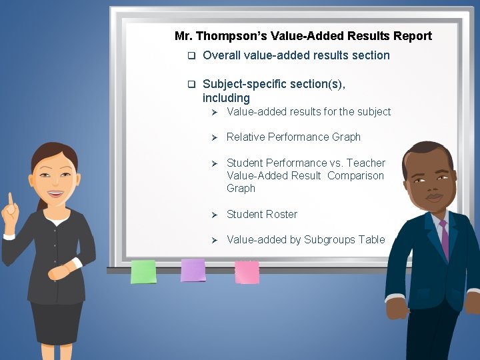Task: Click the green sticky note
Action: [x=143, y=271]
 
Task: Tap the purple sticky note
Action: [x=193, y=270]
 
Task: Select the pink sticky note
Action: [x=247, y=271]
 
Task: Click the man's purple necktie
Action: [x=443, y=240]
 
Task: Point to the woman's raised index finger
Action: [x=10, y=199]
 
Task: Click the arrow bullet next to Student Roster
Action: [x=215, y=215]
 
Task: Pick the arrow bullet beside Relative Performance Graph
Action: [x=215, y=137]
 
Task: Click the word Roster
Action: [x=281, y=214]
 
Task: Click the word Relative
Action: [x=245, y=137]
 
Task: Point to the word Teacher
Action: [x=366, y=163]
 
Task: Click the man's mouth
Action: [x=434, y=197]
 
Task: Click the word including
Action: [x=226, y=98]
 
